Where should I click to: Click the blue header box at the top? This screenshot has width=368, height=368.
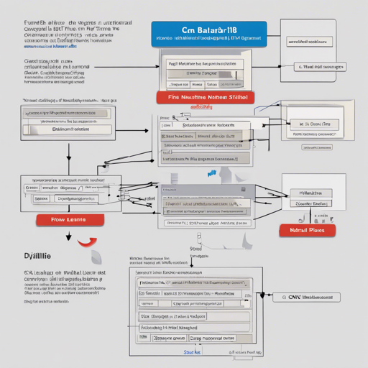(x=209, y=33)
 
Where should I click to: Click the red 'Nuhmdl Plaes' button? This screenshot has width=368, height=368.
(x=307, y=230)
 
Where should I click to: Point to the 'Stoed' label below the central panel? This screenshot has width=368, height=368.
(x=195, y=249)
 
